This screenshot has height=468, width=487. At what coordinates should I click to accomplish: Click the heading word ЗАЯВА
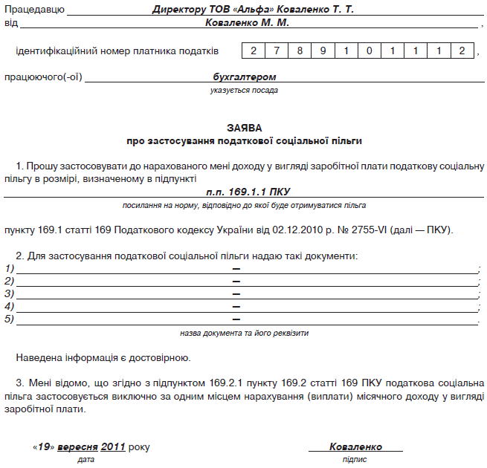pyautogui.click(x=245, y=128)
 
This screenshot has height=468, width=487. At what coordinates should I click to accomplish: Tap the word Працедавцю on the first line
pyautogui.click(x=34, y=11)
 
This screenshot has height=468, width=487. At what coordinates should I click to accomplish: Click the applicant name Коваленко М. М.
pyautogui.click(x=247, y=23)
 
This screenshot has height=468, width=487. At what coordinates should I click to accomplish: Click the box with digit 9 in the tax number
pyautogui.click(x=323, y=51)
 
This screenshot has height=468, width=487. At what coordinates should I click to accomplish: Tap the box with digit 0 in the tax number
pyautogui.click(x=370, y=51)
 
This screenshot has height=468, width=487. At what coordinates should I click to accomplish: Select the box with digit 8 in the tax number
pyautogui.click(x=300, y=51)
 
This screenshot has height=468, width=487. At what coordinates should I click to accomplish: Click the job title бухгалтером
pyautogui.click(x=244, y=77)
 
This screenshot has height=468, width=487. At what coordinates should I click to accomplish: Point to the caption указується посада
pyautogui.click(x=244, y=90)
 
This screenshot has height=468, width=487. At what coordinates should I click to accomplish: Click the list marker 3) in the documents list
pyautogui.click(x=10, y=293)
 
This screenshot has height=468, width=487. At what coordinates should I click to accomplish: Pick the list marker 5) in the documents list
pyautogui.click(x=10, y=319)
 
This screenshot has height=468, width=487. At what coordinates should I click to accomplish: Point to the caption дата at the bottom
pyautogui.click(x=85, y=460)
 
